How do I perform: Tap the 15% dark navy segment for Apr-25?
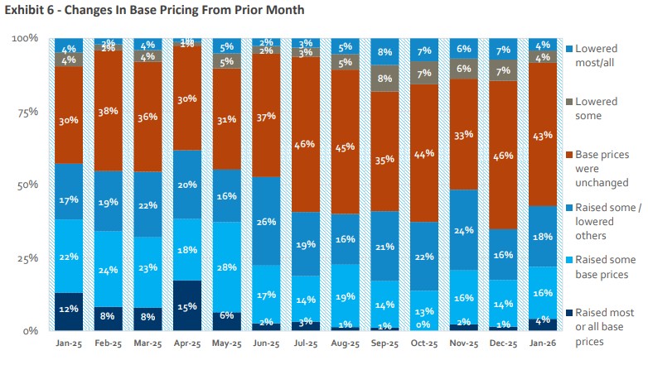(188, 305)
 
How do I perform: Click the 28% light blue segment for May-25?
(228, 267)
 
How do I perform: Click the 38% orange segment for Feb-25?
(109, 111)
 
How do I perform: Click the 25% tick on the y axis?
(27, 258)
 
